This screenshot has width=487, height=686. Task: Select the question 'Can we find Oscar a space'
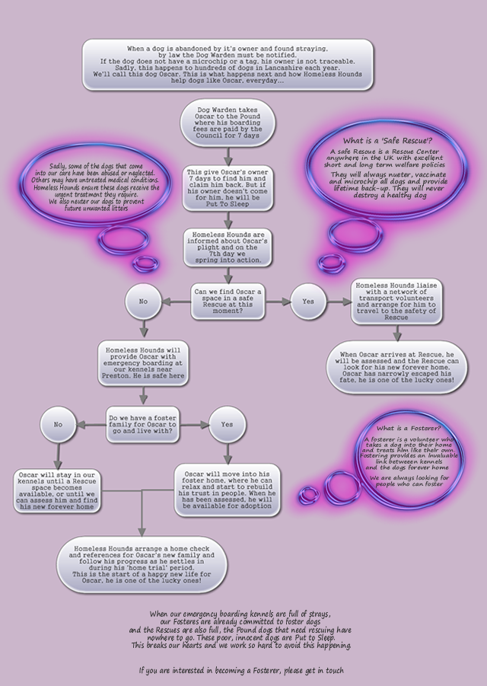[228, 302]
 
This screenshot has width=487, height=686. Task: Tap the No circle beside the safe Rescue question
[143, 302]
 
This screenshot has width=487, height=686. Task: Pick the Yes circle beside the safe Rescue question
[308, 302]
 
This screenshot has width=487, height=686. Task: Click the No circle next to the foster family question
[58, 423]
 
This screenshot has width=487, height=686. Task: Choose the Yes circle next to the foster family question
[227, 423]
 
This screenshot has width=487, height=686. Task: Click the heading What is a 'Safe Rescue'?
[387, 141]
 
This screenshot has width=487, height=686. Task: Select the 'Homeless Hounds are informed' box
[228, 247]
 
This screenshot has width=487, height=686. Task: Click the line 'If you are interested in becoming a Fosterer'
[241, 671]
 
